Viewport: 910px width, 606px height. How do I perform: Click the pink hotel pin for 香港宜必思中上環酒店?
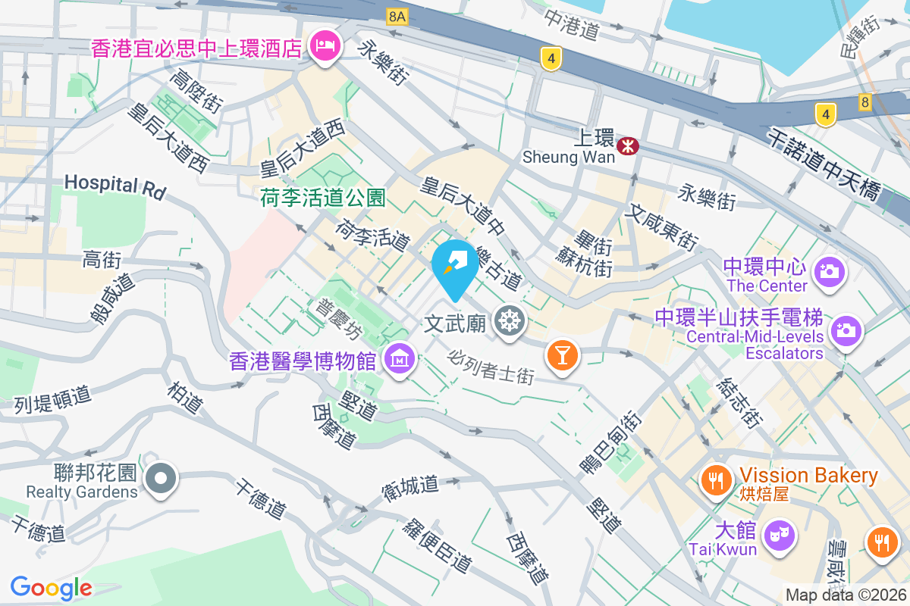[325, 47]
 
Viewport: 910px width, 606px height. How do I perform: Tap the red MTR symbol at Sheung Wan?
[627, 146]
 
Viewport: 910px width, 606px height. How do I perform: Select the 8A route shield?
[396, 16]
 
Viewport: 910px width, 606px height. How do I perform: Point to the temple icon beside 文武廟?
[510, 322]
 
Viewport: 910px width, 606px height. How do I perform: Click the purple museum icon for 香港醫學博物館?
[398, 358]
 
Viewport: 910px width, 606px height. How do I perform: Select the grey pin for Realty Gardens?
[162, 479]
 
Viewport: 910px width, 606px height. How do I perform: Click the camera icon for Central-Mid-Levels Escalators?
[844, 330]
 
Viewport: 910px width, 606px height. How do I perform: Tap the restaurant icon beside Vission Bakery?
[714, 479]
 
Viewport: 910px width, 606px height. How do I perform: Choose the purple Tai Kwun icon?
[778, 535]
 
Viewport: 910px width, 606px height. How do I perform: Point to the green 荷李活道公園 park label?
[323, 198]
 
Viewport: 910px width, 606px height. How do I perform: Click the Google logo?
[51, 588]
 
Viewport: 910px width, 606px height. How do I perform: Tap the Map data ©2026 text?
[846, 595]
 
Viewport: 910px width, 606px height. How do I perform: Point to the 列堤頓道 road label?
[52, 399]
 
